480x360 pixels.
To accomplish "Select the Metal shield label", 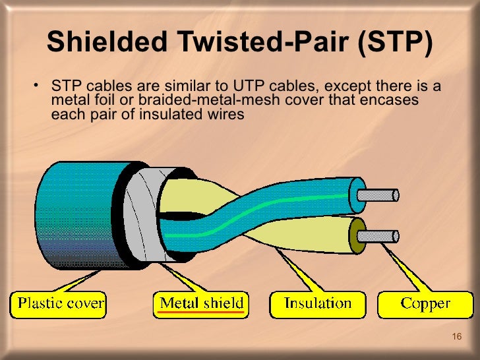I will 202,303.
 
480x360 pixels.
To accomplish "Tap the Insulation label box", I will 317,304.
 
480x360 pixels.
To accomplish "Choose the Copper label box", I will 425,304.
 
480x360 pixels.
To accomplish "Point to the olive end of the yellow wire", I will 360,235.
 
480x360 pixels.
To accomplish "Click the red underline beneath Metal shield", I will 202,313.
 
